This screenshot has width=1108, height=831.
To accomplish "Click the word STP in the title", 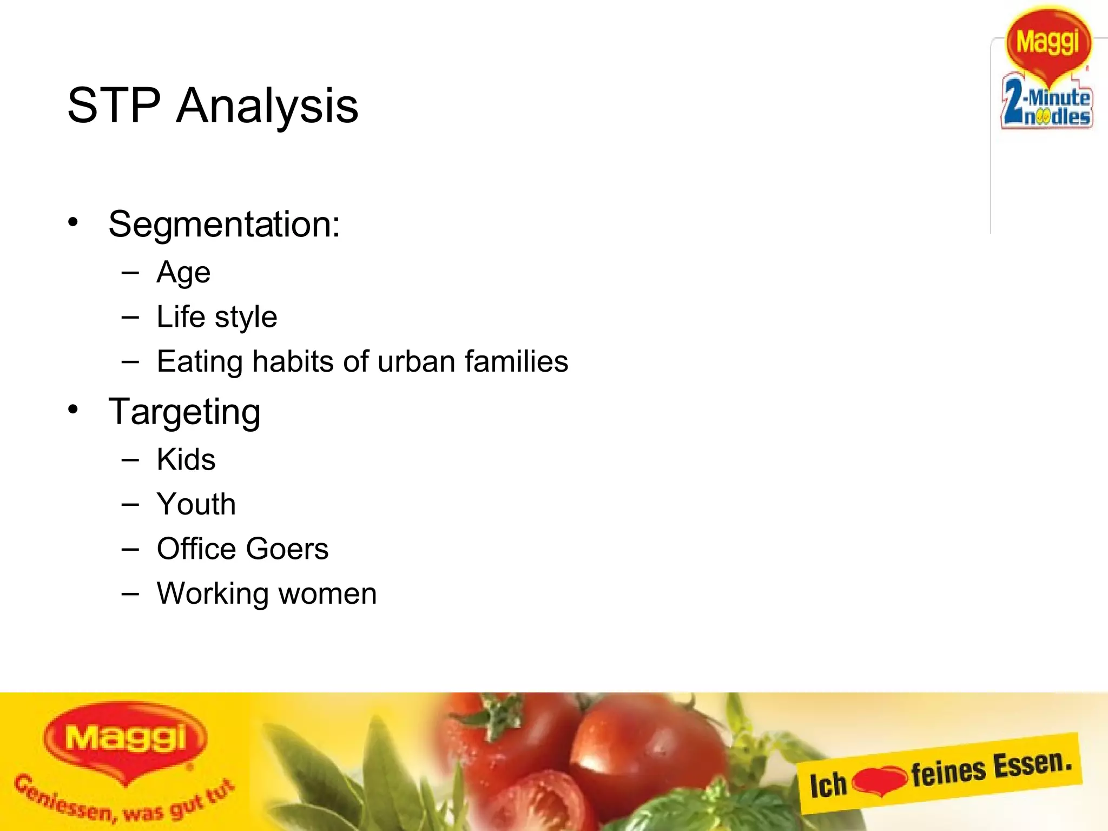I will tap(114, 105).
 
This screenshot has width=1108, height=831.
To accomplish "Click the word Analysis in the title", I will tap(267, 107).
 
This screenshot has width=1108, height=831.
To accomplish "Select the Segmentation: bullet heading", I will tap(224, 224).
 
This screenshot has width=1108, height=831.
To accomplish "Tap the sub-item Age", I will tap(183, 273).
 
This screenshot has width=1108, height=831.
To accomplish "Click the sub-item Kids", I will tap(186, 460).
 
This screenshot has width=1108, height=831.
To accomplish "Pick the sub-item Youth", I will tap(196, 504).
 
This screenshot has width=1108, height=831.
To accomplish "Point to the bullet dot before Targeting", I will tap(73, 410).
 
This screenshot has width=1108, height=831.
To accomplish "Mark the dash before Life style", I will tap(130, 317).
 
